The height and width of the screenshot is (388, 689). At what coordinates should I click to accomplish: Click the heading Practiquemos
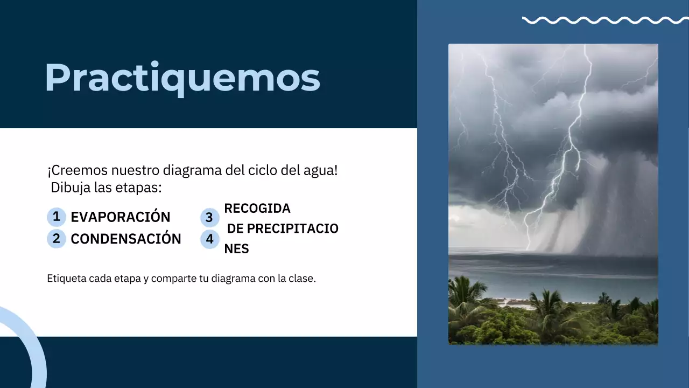coord(182,78)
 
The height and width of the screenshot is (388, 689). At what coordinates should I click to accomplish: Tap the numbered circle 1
coord(56,217)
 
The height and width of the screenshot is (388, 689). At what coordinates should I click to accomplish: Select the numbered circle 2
coord(56,239)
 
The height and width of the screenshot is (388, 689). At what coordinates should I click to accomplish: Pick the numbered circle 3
coord(209,218)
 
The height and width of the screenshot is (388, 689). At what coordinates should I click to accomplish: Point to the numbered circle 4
coord(209,239)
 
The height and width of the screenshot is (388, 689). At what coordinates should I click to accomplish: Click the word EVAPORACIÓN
coord(121,217)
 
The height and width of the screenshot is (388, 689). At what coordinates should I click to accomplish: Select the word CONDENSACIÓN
coord(126,239)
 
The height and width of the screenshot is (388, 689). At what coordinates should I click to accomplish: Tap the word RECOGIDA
coord(257,209)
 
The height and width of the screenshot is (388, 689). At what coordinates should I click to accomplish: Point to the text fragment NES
coord(236,249)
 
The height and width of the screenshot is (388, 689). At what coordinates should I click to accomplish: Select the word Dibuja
coord(68,188)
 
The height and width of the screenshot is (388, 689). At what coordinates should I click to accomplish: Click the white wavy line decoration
coord(604,20)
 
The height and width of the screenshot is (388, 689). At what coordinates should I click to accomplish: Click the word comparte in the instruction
coord(174,279)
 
